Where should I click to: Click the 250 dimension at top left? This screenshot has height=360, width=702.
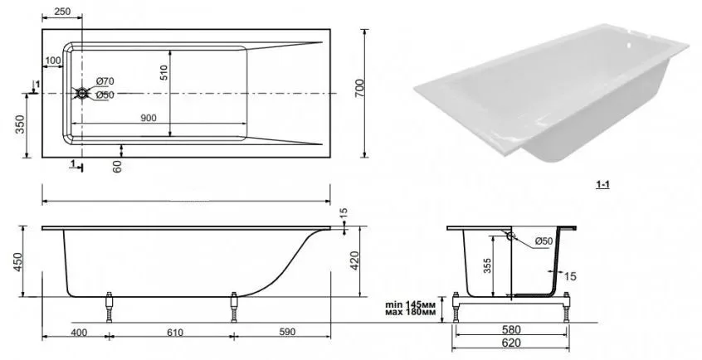point(61,12)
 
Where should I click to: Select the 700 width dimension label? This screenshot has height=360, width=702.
point(359,88)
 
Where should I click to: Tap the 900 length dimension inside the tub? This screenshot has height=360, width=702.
point(149,119)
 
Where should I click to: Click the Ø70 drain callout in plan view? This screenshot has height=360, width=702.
point(105,81)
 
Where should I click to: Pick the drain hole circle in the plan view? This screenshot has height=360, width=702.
point(82,93)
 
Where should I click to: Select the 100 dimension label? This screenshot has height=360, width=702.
point(53,61)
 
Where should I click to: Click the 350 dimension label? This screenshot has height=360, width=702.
point(20,124)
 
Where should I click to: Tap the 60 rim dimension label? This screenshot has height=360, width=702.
point(117,167)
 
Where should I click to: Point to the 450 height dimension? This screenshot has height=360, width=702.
point(17,262)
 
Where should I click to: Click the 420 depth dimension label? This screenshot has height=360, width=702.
point(353,260)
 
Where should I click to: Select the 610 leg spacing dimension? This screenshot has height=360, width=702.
point(175,333)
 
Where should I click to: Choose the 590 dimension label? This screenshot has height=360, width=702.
point(287,333)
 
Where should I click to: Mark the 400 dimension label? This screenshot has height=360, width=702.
point(79,333)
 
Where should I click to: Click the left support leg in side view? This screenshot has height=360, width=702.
point(109,307)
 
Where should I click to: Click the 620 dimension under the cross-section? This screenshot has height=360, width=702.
point(511,343)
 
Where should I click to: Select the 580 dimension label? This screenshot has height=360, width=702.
point(511,330)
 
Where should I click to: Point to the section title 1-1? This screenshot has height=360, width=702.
point(602,184)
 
